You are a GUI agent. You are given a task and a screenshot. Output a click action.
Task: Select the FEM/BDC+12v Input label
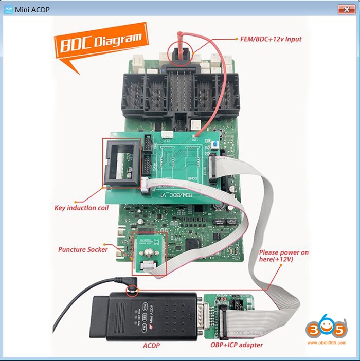click(271, 39)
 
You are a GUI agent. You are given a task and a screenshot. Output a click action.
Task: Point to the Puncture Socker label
click(83, 249)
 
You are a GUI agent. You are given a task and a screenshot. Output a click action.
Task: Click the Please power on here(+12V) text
click(283, 256)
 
